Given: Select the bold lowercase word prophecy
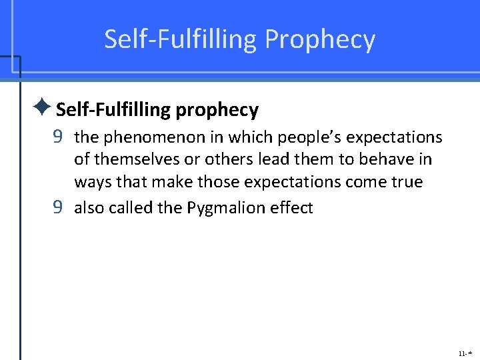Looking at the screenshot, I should tap(217, 109).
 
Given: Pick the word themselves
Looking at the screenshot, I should tap(129, 160).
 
